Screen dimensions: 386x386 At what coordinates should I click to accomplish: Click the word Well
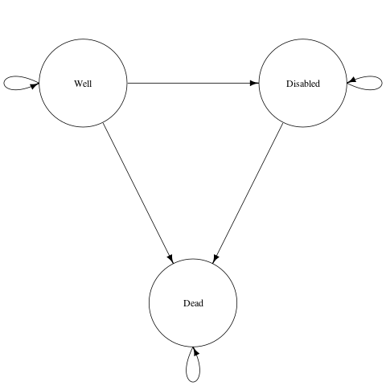coord(83,84)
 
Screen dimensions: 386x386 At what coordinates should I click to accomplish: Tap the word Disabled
coord(303,84)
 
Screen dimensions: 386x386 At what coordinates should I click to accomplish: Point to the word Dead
coord(193,303)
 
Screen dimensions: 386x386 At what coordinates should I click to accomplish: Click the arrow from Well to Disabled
coord(193,83)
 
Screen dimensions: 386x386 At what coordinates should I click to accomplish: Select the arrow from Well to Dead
coord(138,193)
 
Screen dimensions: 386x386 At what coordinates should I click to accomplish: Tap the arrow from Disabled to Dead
coord(248,193)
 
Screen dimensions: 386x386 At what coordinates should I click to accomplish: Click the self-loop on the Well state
coord(4,83)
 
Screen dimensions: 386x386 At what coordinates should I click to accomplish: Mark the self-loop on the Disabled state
coord(382,83)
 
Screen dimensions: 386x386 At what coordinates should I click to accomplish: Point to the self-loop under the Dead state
coord(193,382)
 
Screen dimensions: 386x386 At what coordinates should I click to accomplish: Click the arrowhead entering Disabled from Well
coord(254,83)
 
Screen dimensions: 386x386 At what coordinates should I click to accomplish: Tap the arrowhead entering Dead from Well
coord(170,258)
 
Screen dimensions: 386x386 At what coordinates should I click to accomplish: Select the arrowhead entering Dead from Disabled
coord(216,258)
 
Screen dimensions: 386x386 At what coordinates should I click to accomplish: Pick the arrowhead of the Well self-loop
coord(35,86)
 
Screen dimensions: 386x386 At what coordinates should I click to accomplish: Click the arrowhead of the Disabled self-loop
coord(351,80)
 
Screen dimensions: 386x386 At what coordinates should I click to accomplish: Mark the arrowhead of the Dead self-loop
coord(196,351)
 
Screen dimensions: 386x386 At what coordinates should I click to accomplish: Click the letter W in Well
coord(79,84)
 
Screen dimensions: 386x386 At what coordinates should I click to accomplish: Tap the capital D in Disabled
coord(289,84)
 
